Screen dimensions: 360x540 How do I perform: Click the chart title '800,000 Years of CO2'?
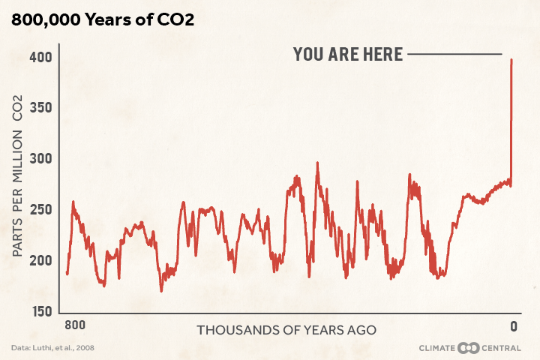click(103, 20)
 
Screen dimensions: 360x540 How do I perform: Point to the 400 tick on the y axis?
click(40, 57)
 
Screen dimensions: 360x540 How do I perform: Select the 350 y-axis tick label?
click(40, 108)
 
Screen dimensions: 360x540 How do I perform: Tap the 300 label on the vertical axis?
click(40, 159)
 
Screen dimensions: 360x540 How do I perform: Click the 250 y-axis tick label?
click(40, 209)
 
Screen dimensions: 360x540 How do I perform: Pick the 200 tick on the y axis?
click(40, 260)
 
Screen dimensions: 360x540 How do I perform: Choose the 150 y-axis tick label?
click(40, 310)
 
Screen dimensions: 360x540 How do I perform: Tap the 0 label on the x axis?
click(514, 326)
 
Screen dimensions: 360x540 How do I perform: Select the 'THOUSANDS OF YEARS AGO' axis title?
click(286, 330)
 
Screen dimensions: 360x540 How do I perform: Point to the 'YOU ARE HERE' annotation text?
click(348, 54)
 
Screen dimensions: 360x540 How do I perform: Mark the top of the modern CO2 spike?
click(511, 61)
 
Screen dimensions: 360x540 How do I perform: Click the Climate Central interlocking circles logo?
click(468, 348)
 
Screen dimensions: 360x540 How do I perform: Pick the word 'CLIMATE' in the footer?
click(438, 348)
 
